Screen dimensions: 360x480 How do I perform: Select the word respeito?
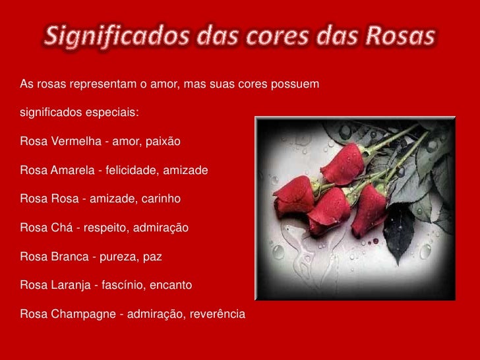[104, 228]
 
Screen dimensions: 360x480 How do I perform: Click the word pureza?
[117, 256]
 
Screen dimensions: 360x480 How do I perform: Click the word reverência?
[217, 313]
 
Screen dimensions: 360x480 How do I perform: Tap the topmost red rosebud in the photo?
[342, 163]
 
